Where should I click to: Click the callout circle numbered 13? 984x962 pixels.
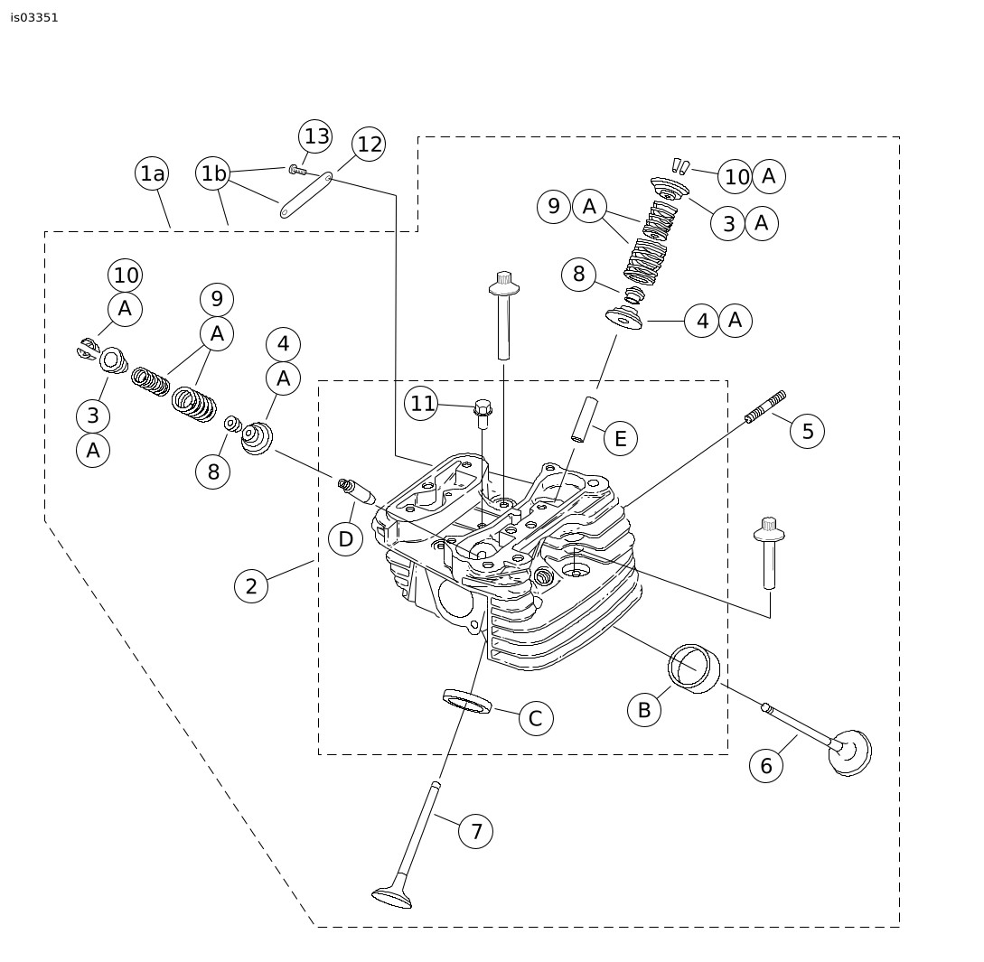click(316, 136)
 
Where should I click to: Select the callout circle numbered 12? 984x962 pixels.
click(369, 145)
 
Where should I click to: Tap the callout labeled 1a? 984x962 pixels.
click(153, 173)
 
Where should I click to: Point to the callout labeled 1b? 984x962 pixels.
click(213, 173)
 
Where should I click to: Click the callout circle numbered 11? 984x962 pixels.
click(422, 404)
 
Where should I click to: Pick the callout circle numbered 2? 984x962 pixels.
click(251, 586)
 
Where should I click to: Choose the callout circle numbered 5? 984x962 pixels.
click(807, 432)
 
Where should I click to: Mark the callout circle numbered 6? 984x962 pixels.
click(766, 766)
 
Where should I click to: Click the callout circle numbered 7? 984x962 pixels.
click(476, 831)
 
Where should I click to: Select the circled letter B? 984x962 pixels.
click(644, 710)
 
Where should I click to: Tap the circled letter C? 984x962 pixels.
click(535, 719)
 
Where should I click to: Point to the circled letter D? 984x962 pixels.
click(345, 539)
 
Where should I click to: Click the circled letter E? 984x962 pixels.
click(620, 439)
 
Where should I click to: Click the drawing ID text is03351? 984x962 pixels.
click(34, 17)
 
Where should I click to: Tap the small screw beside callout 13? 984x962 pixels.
click(297, 169)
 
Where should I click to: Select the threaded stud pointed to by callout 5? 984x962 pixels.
click(765, 406)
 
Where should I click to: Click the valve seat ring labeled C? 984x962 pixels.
click(466, 700)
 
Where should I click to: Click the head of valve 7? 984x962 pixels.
click(392, 896)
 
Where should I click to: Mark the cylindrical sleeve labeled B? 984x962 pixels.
click(695, 668)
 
